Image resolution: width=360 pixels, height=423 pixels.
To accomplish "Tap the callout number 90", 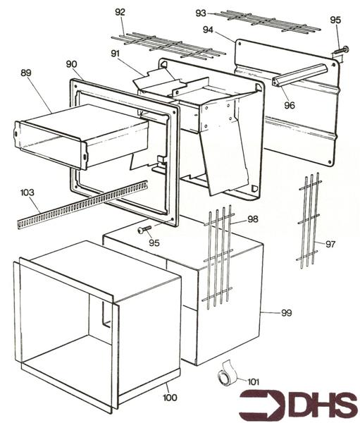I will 71,64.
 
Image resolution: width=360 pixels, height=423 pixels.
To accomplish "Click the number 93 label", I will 201,13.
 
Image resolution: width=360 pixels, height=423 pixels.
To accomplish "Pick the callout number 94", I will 207,30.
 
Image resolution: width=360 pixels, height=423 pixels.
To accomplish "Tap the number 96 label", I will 290,105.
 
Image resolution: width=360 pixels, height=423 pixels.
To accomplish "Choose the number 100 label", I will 169,398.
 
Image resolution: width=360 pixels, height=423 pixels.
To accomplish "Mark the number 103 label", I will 27,192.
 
